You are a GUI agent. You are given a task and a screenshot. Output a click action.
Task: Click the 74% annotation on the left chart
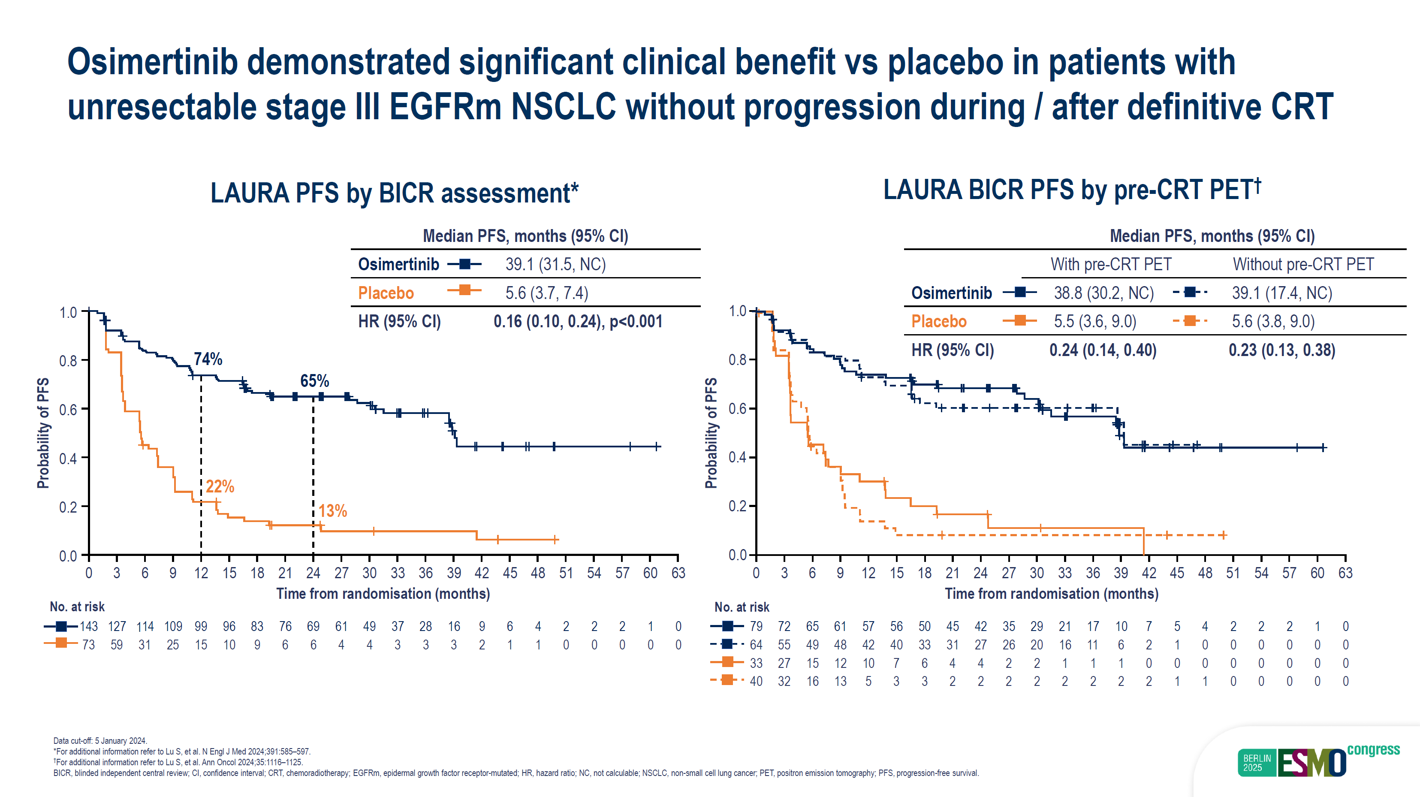click(208, 359)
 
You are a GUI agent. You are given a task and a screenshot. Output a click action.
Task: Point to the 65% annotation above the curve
click(314, 381)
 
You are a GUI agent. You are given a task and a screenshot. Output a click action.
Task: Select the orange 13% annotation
click(332, 511)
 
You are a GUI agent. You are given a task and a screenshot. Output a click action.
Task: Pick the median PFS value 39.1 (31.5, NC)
click(555, 265)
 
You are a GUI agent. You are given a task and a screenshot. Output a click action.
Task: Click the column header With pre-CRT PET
click(1110, 265)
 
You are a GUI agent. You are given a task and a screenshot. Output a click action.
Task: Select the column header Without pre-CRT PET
click(1303, 265)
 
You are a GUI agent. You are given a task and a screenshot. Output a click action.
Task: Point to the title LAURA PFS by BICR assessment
click(394, 193)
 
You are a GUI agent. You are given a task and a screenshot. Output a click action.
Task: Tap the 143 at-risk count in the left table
click(89, 627)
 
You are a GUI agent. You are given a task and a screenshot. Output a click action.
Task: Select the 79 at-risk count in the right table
click(756, 627)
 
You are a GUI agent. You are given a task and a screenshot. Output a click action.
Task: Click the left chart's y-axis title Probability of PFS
click(43, 433)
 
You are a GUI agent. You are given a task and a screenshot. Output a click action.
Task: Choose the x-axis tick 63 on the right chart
click(1345, 573)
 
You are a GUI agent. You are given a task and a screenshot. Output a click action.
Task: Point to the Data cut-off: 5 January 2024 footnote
click(100, 741)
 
